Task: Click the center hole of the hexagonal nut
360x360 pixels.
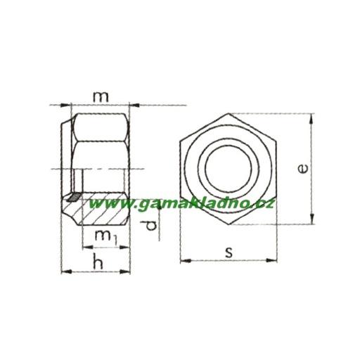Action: coord(228,169)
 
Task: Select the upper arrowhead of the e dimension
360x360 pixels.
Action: coord(311,117)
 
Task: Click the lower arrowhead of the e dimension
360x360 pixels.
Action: coord(311,221)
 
